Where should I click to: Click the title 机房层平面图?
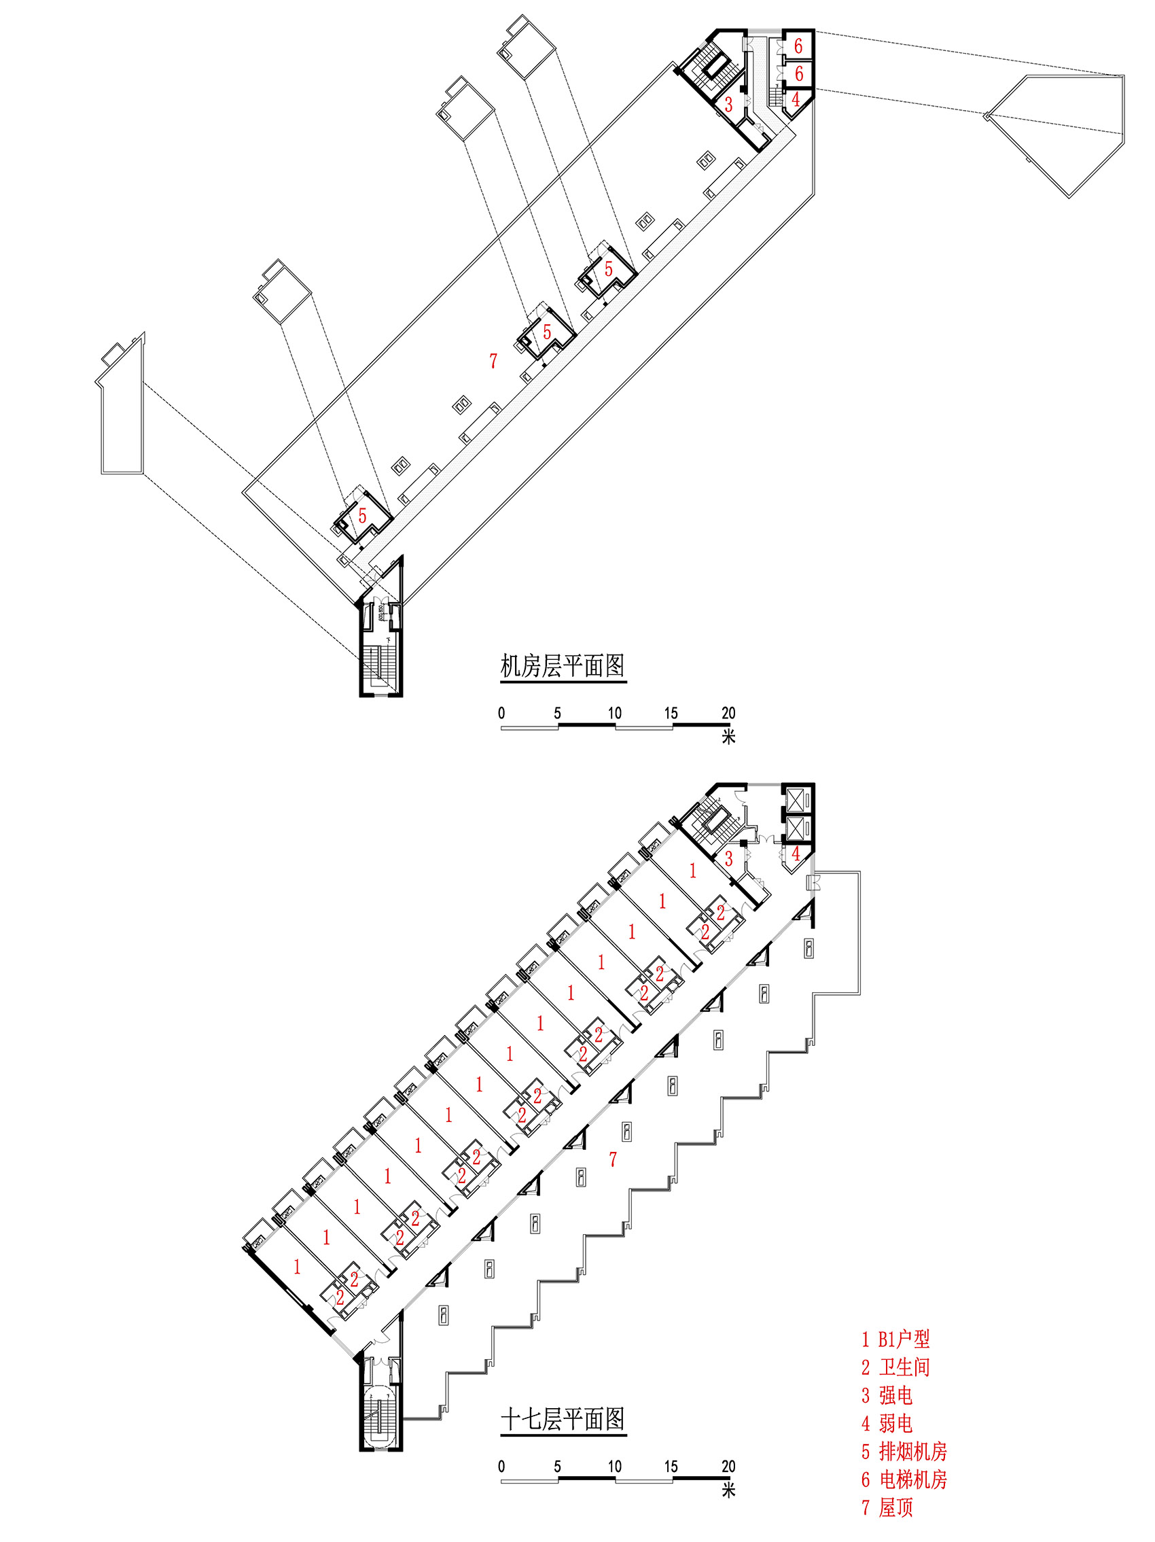[x=562, y=666]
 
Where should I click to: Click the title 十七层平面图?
[x=562, y=1418]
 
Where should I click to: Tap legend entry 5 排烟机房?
[x=904, y=1452]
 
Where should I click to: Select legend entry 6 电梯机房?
[x=904, y=1479]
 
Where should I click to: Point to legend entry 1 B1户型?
[x=895, y=1338]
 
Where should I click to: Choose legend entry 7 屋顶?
[x=887, y=1508]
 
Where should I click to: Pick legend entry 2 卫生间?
[x=895, y=1367]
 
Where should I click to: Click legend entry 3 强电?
[x=887, y=1395]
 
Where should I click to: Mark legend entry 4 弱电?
[x=887, y=1424]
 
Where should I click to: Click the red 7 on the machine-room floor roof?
[x=493, y=360]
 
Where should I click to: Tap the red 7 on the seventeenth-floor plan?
[x=613, y=1159]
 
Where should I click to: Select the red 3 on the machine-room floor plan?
[x=728, y=104]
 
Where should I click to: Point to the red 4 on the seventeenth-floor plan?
[x=796, y=853]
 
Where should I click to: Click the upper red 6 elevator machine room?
[x=799, y=46]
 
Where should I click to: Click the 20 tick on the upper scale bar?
[x=728, y=712]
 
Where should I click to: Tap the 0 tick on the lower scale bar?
[x=501, y=1466]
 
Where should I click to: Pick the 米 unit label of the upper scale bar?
[x=728, y=736]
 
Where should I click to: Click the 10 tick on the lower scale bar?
[x=614, y=1466]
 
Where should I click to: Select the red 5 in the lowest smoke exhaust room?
[x=361, y=516]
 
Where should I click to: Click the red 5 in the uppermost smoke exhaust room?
[x=609, y=268]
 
